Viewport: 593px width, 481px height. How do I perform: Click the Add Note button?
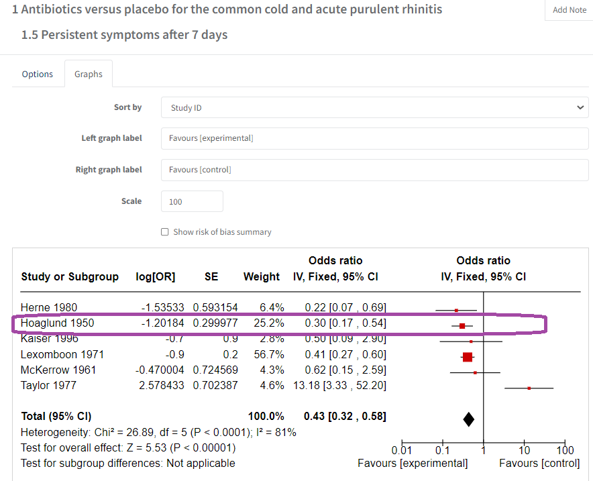[x=569, y=10]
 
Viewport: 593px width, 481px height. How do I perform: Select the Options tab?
[x=38, y=74]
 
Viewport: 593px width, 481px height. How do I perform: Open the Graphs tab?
[x=89, y=74]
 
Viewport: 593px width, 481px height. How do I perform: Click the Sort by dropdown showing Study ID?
[x=374, y=107]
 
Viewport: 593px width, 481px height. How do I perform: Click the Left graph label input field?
[x=374, y=138]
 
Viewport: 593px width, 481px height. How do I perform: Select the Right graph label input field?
[x=374, y=170]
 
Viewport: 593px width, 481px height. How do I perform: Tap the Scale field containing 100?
[x=192, y=201]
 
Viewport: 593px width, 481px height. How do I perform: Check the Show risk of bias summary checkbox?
[x=165, y=232]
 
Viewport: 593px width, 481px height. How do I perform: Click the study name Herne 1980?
[x=49, y=307]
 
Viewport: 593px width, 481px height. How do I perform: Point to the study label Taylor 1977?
[x=49, y=385]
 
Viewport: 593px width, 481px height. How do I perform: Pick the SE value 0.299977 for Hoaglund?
[x=215, y=323]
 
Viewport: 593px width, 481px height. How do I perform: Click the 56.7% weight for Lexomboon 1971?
[x=272, y=354]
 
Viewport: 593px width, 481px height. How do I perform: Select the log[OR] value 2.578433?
[x=158, y=385]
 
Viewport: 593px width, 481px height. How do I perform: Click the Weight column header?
[x=262, y=276]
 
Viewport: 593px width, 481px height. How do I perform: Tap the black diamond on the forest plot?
[x=469, y=419]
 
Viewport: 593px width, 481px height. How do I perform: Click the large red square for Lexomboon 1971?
[x=468, y=357]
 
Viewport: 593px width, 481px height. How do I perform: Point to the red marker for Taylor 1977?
[x=529, y=388]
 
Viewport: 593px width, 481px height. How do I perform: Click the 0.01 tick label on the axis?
[x=402, y=449]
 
